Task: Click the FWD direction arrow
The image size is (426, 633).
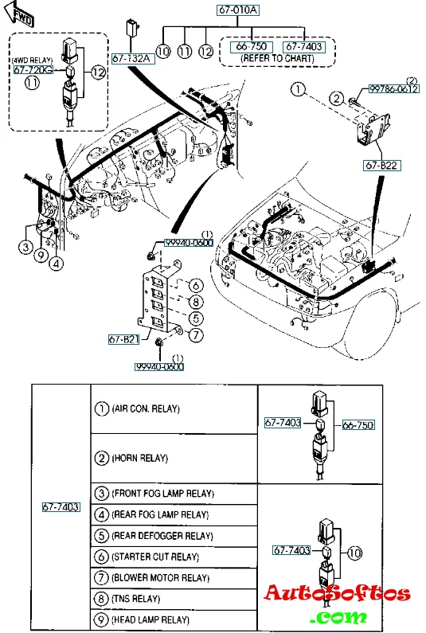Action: (x=18, y=14)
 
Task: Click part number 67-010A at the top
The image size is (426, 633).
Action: (x=238, y=10)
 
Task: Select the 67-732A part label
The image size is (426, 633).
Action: (x=131, y=59)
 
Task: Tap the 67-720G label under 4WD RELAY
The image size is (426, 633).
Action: (x=33, y=70)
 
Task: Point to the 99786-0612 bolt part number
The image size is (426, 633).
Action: (x=393, y=89)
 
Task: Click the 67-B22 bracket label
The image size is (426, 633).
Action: (x=381, y=166)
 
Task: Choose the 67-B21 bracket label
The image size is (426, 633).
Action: (x=123, y=339)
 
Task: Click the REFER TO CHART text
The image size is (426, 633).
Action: (x=277, y=59)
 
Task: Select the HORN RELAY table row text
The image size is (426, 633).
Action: (x=139, y=458)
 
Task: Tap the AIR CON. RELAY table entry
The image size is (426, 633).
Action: (x=146, y=409)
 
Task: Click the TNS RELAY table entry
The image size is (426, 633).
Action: (x=135, y=598)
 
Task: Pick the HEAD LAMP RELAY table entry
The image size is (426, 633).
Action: (x=150, y=619)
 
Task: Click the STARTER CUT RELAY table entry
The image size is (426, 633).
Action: (x=155, y=557)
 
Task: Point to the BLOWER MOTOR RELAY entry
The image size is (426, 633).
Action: (x=160, y=578)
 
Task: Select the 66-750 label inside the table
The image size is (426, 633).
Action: (x=358, y=424)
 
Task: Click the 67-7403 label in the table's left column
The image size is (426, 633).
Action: (x=61, y=506)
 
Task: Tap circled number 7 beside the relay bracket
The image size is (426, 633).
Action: (x=196, y=335)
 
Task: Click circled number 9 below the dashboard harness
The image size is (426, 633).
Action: (x=41, y=255)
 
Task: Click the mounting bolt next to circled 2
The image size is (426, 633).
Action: (x=353, y=100)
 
